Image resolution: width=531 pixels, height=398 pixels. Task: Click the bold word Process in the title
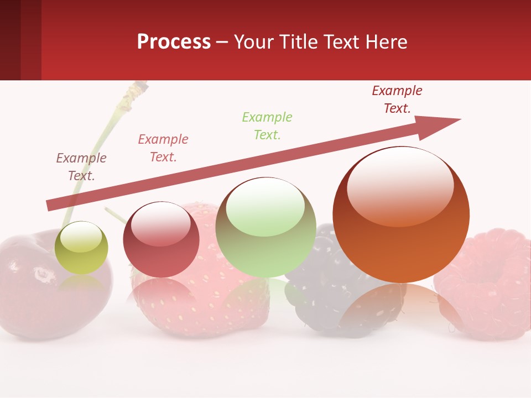tap(174, 42)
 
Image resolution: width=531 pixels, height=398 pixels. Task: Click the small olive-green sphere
tap(81, 248)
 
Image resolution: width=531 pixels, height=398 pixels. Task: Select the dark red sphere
tap(161, 240)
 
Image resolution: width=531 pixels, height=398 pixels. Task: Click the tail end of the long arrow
tap(50, 206)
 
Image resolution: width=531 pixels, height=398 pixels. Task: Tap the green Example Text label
tap(267, 126)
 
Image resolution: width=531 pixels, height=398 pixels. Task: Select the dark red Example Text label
tap(397, 99)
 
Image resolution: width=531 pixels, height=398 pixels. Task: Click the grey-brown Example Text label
tap(81, 167)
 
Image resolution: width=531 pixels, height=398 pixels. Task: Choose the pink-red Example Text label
tap(163, 148)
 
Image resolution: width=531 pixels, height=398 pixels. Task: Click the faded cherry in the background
tap(28, 287)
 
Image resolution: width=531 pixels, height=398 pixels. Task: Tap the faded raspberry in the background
tap(487, 282)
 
